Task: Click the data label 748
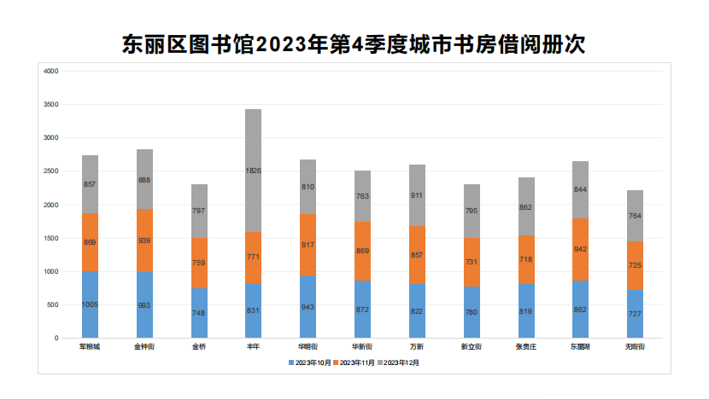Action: click(199, 313)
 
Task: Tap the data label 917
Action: click(308, 246)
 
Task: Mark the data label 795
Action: click(472, 211)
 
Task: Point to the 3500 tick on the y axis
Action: click(50, 104)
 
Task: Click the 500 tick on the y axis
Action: click(53, 304)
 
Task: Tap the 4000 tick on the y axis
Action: click(50, 71)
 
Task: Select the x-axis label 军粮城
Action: click(90, 347)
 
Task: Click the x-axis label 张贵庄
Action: click(525, 347)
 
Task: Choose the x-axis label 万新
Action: click(417, 347)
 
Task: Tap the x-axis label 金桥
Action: click(199, 347)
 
